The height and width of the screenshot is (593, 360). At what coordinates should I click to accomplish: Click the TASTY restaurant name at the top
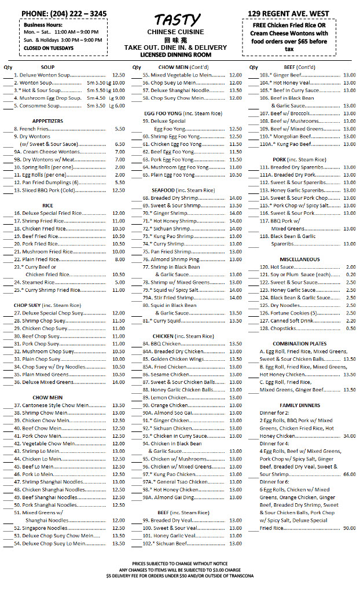(x=179, y=20)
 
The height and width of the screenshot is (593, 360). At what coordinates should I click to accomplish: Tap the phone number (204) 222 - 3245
(x=64, y=13)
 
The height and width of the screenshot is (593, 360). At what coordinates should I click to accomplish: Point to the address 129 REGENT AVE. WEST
(x=288, y=13)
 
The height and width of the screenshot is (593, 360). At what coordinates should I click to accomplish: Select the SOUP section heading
(x=48, y=67)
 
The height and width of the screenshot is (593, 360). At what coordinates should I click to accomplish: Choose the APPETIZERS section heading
(x=48, y=120)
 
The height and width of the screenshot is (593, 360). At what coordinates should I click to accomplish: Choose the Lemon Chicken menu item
(x=168, y=397)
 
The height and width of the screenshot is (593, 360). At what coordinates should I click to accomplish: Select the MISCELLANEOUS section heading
(x=299, y=259)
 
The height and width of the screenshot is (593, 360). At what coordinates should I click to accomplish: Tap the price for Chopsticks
(x=350, y=328)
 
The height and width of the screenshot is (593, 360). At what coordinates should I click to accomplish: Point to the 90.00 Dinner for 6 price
(x=349, y=528)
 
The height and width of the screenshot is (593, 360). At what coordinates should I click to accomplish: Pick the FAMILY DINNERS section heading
(x=299, y=405)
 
